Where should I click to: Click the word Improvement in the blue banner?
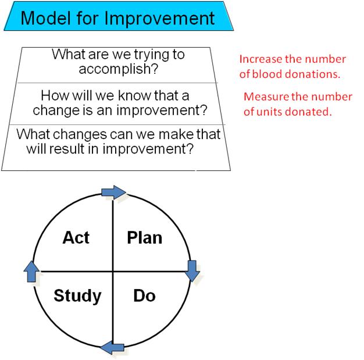[160, 19]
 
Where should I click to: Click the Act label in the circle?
[76, 237]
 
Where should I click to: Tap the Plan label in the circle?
[144, 237]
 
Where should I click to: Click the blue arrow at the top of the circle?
[114, 192]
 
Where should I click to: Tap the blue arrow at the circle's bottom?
[112, 348]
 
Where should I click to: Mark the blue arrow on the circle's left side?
[32, 271]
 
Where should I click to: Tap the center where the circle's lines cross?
[113, 271]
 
